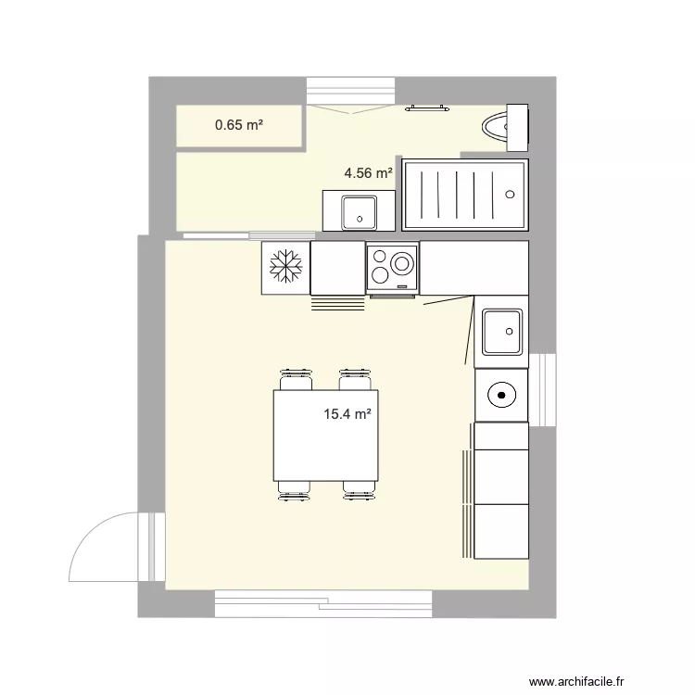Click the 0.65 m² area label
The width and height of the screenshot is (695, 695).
[238, 124]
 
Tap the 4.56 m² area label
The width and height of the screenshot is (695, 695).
[368, 172]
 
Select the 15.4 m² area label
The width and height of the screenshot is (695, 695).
[347, 415]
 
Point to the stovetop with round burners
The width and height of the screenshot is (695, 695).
[392, 267]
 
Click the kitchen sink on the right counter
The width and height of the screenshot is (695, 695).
[500, 331]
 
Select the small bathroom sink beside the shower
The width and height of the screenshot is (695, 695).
[357, 211]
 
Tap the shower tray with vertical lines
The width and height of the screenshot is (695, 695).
[464, 194]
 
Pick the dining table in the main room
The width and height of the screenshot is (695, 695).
[325, 435]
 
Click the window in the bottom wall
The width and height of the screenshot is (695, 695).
[323, 603]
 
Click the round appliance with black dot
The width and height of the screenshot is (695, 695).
[501, 396]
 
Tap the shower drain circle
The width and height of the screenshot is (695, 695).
[509, 194]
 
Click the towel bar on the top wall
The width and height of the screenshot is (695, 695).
[426, 108]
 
